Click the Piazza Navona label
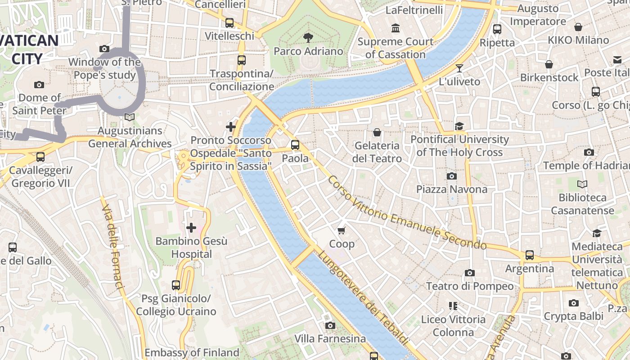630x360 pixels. (x=451, y=189)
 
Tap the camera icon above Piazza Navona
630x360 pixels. (x=451, y=176)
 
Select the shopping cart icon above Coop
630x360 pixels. (x=342, y=230)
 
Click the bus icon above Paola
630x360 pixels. (x=295, y=145)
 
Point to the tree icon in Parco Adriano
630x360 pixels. (x=308, y=37)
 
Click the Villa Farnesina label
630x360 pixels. (x=330, y=338)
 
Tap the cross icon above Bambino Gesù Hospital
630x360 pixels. (x=191, y=228)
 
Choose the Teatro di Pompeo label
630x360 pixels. (x=469, y=286)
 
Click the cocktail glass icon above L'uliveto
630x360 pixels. (x=459, y=68)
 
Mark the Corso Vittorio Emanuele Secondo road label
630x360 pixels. (x=407, y=212)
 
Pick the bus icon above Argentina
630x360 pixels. (x=530, y=255)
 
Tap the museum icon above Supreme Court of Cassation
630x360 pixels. (x=396, y=28)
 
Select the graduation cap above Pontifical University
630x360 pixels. (x=459, y=126)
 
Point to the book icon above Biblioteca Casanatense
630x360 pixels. (x=582, y=184)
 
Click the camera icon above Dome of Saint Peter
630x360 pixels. (x=39, y=85)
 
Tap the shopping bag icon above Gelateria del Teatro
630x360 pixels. (x=377, y=132)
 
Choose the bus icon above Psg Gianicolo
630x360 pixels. (x=176, y=285)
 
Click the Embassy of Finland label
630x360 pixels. (x=192, y=352)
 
